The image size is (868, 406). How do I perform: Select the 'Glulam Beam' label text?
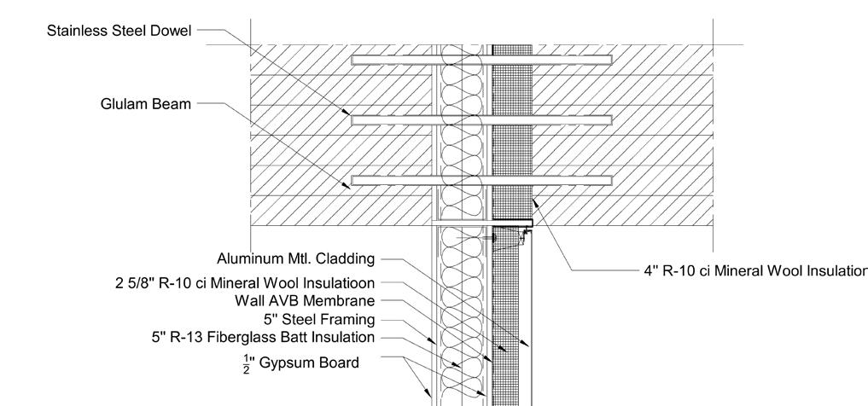tap(145, 104)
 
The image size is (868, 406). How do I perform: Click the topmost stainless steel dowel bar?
tap(481, 60)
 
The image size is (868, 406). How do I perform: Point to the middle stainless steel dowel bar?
tap(481, 120)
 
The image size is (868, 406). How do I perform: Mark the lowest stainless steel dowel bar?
tap(481, 180)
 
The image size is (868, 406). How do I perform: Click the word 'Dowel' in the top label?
tap(172, 31)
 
